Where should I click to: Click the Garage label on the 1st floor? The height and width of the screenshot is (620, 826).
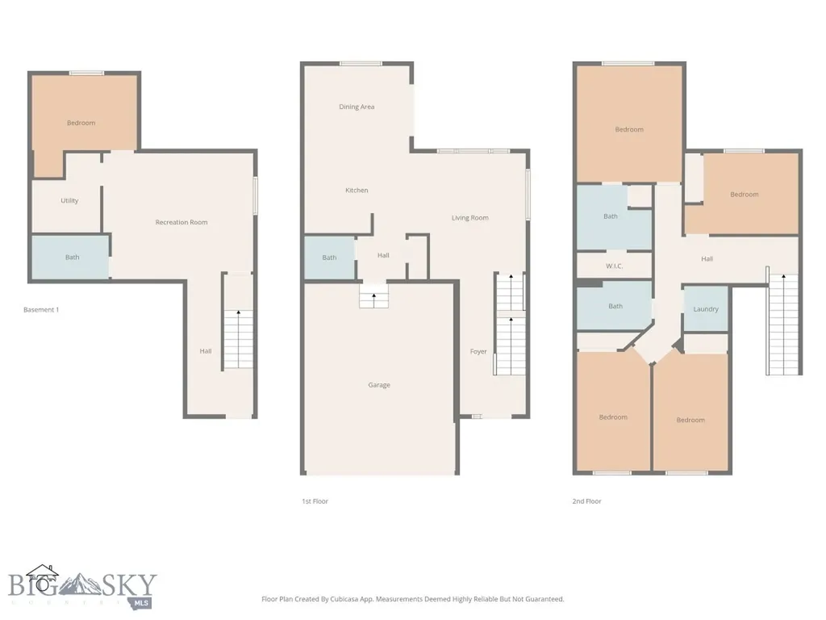click(379, 385)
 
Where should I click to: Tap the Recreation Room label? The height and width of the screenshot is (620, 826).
click(181, 222)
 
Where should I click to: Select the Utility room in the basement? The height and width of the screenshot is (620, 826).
click(67, 207)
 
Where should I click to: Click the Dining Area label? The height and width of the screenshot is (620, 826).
click(357, 107)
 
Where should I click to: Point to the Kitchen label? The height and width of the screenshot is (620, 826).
click(357, 191)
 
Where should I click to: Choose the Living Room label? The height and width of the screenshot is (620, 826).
click(470, 218)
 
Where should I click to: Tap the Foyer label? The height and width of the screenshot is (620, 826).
click(478, 352)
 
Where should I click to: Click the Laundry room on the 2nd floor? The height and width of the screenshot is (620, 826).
click(706, 309)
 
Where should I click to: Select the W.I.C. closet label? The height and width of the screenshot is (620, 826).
click(614, 266)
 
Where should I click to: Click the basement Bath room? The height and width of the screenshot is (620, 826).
click(71, 257)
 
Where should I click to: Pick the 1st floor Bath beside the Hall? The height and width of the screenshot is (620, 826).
click(330, 258)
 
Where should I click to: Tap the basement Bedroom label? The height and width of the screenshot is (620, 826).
click(81, 123)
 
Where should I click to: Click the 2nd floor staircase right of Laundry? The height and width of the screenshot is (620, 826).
click(783, 324)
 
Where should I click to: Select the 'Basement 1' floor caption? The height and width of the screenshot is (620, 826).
click(41, 309)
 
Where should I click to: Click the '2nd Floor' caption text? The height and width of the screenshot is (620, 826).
click(587, 501)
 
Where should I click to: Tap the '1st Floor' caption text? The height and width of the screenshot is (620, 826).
click(315, 501)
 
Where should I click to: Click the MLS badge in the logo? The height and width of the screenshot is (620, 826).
click(140, 603)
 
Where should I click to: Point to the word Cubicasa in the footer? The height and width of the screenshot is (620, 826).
click(346, 599)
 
